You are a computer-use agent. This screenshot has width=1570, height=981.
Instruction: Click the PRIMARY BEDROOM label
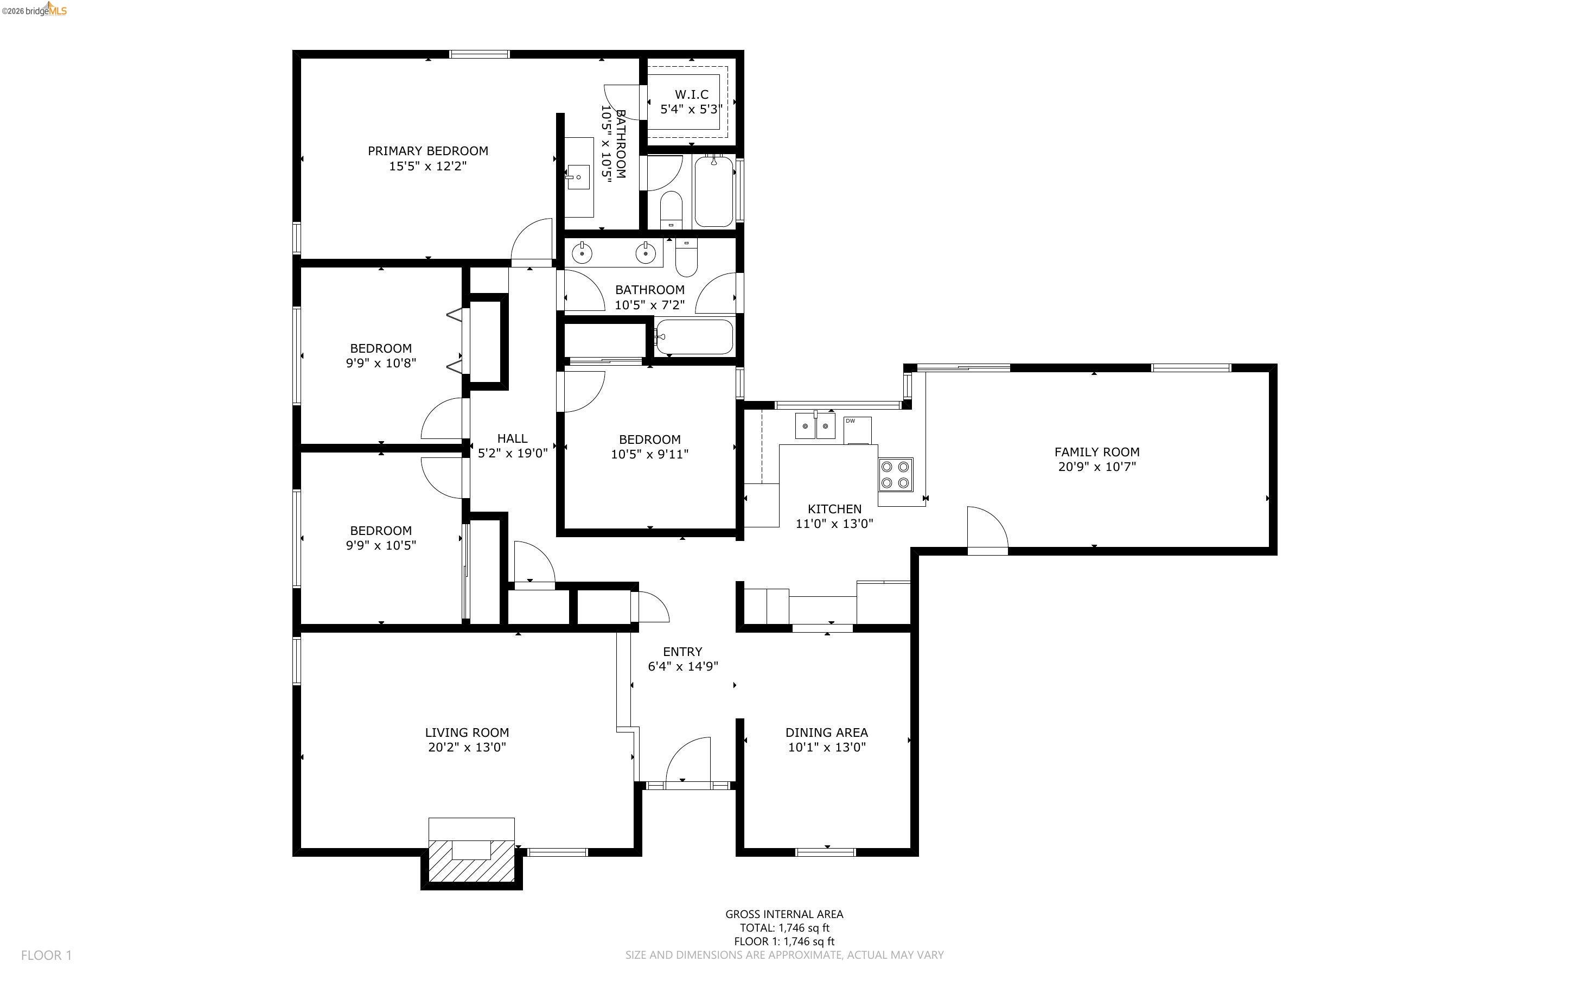(x=427, y=150)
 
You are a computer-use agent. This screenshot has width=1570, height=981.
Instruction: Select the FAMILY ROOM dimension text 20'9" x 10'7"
(x=1096, y=467)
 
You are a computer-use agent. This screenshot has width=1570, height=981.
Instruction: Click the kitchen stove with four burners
(x=895, y=474)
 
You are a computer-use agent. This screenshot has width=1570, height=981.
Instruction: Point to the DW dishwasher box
(x=857, y=430)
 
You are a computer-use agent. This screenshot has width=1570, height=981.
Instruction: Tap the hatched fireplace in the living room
(x=471, y=861)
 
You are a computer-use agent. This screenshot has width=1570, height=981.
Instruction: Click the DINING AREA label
(x=826, y=732)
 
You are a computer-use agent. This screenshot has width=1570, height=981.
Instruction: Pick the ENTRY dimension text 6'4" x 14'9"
(x=682, y=666)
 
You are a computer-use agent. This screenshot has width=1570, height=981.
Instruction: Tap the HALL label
(x=512, y=438)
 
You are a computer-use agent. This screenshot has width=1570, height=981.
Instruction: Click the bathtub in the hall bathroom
(x=693, y=337)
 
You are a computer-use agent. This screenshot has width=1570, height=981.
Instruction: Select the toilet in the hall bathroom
(x=686, y=258)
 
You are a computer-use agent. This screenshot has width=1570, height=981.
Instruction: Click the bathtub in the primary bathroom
(x=714, y=192)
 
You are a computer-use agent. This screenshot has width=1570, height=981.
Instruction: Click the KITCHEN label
(x=834, y=508)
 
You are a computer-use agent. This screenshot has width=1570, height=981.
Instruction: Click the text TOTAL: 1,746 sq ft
(x=784, y=928)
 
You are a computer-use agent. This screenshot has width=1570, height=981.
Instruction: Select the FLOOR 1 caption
(x=46, y=955)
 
